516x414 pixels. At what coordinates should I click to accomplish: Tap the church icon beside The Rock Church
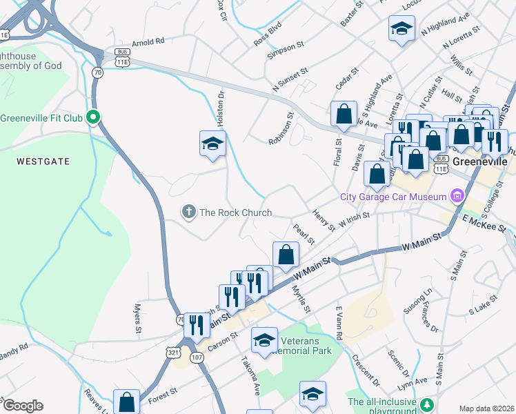click(x=188, y=213)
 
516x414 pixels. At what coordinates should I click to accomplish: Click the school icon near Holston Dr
click(x=213, y=144)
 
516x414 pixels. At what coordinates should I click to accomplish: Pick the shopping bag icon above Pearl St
click(x=286, y=255)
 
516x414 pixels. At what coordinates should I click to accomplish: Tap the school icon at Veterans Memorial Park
click(x=264, y=340)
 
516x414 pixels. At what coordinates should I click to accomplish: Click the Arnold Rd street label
click(x=148, y=41)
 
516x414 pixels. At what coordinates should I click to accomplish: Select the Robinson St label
click(x=281, y=128)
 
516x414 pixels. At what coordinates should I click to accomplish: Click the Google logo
click(x=23, y=406)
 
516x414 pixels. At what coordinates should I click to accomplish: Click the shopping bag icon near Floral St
click(x=343, y=115)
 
